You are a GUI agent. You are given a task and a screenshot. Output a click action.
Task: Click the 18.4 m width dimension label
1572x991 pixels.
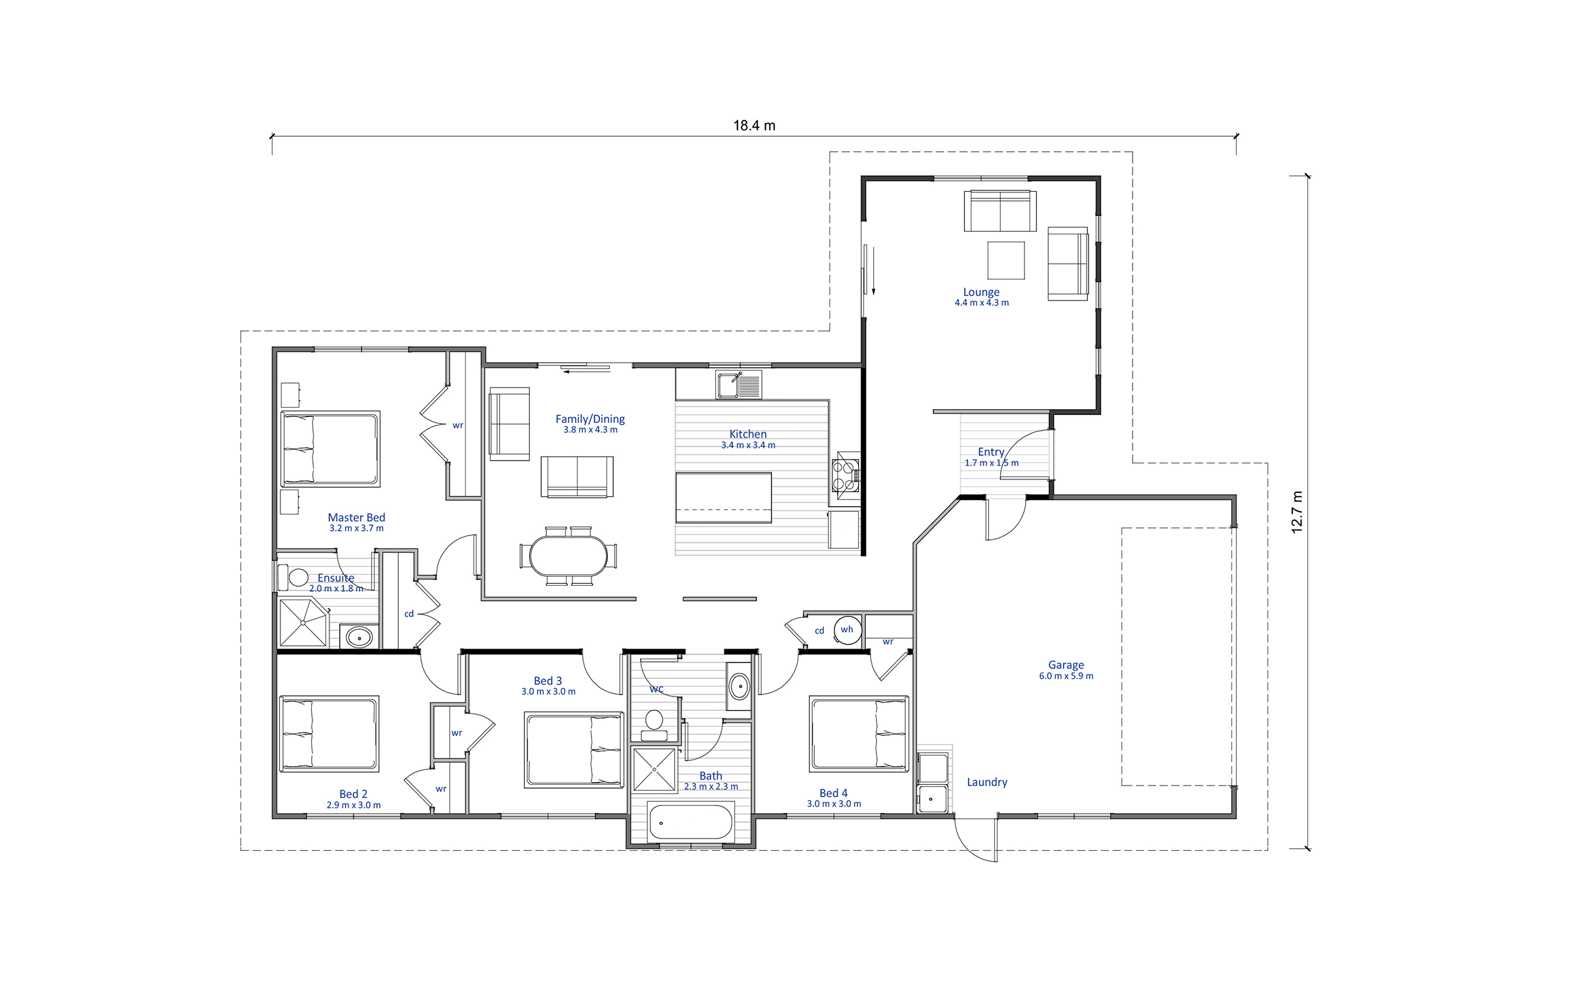click(x=754, y=125)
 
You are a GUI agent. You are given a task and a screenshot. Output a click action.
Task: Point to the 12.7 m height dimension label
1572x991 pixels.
click(x=1297, y=512)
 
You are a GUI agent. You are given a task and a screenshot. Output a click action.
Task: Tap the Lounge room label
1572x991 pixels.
click(x=981, y=292)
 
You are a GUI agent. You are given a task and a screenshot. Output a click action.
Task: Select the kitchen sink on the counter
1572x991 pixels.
click(x=739, y=384)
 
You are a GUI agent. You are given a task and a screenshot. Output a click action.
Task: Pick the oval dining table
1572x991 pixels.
click(x=568, y=556)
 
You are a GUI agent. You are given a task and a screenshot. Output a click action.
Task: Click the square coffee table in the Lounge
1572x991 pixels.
click(x=1005, y=261)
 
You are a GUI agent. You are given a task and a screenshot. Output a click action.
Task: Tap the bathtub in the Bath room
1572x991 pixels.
click(x=690, y=822)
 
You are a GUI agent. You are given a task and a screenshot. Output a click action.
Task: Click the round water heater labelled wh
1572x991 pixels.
click(x=848, y=630)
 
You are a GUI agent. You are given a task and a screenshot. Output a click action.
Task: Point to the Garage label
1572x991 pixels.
click(x=1066, y=665)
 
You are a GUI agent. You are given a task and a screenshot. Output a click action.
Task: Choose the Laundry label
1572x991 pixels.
click(x=987, y=782)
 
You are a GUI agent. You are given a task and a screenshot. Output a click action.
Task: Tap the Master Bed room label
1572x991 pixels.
click(x=356, y=518)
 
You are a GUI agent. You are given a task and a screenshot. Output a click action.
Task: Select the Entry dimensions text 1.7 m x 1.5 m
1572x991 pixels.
click(x=992, y=463)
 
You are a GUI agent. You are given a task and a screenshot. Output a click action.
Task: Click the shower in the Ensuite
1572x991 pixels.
click(x=303, y=622)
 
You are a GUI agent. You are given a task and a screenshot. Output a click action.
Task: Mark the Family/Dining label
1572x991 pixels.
click(x=590, y=419)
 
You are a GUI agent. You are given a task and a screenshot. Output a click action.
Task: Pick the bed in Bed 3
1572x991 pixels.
click(x=574, y=750)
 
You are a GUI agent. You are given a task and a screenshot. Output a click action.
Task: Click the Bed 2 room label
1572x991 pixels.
click(x=353, y=794)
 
